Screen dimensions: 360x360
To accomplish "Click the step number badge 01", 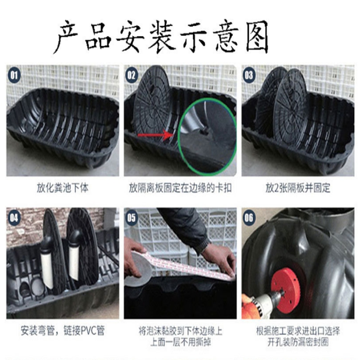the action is [14, 75].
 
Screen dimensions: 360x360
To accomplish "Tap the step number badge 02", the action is [132, 75].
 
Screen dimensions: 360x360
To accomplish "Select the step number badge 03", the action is [249, 75].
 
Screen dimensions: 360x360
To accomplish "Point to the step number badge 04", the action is [14, 217].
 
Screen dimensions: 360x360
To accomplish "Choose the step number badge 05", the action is [132, 217].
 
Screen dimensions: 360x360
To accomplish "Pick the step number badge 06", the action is [249, 217].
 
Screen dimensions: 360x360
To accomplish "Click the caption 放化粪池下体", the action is [62, 188].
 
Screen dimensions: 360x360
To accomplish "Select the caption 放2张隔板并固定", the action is [298, 188].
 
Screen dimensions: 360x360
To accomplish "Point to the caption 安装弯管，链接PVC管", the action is [62, 331].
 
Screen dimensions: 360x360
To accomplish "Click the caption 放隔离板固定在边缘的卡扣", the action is [180, 188].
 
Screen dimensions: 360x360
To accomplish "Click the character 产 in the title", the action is [67, 37].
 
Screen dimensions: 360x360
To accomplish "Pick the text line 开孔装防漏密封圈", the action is [298, 342].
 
